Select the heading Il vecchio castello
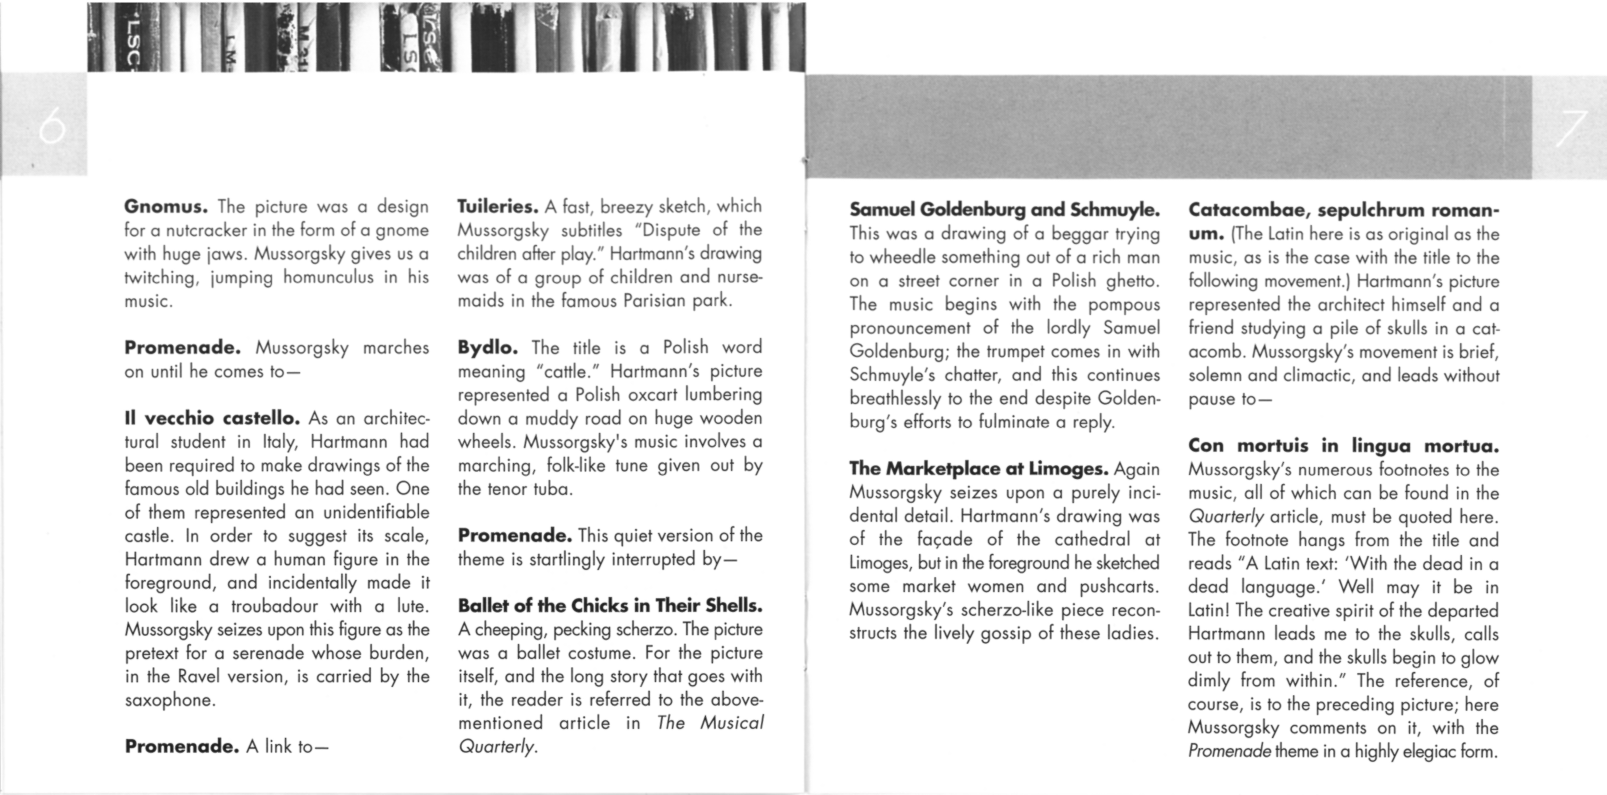pos(213,418)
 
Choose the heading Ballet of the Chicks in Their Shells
pos(610,605)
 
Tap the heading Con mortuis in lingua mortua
pos(1343,446)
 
